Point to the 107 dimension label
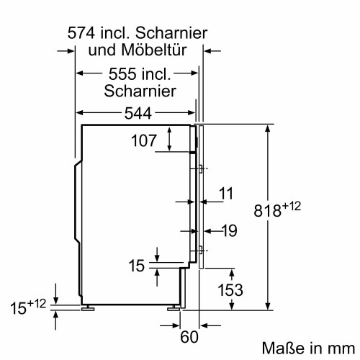[x=143, y=141]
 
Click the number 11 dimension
[x=226, y=193]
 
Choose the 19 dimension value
[x=229, y=231]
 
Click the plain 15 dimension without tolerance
[x=137, y=266]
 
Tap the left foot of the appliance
[x=89, y=307]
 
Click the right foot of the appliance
[x=174, y=307]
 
